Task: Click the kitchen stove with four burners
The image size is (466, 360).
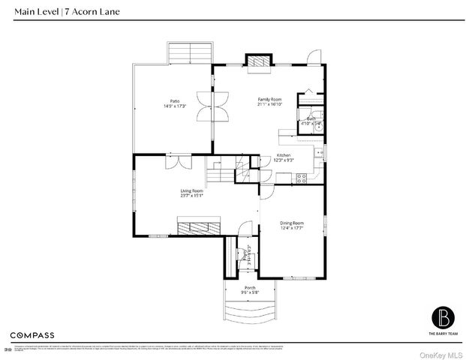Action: click(x=302, y=178)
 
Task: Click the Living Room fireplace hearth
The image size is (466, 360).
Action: click(x=199, y=227)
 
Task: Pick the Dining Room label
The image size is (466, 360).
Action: click(x=292, y=223)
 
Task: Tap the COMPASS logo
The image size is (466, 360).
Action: click(x=32, y=334)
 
